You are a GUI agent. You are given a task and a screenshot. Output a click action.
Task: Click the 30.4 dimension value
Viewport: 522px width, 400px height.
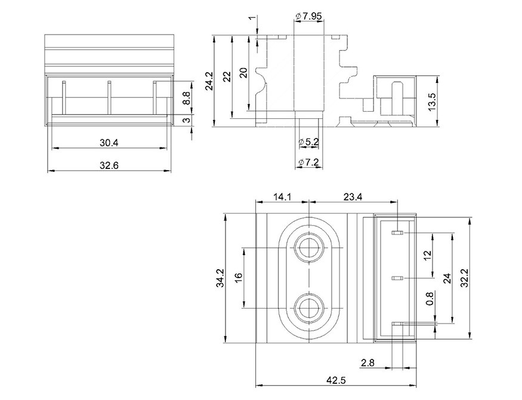pyautogui.click(x=109, y=143)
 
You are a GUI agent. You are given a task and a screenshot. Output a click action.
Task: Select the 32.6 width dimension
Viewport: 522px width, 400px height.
pyautogui.click(x=109, y=165)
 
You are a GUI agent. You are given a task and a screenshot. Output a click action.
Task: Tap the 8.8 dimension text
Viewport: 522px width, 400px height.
pyautogui.click(x=187, y=99)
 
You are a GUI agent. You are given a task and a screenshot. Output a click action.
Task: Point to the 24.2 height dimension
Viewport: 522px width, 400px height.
pyautogui.click(x=209, y=81)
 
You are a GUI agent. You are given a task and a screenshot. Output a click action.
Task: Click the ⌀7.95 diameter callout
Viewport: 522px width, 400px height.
pyautogui.click(x=308, y=16)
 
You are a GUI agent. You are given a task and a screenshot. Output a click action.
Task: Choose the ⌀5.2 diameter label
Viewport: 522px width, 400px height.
pyautogui.click(x=309, y=142)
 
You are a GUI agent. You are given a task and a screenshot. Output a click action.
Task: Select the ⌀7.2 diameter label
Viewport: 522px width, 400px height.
pyautogui.click(x=309, y=162)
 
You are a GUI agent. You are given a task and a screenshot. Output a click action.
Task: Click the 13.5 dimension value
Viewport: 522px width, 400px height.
pyautogui.click(x=431, y=101)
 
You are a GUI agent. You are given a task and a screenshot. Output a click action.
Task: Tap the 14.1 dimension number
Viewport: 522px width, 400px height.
pyautogui.click(x=282, y=197)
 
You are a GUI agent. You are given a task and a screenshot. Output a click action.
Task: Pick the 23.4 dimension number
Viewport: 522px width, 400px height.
pyautogui.click(x=353, y=197)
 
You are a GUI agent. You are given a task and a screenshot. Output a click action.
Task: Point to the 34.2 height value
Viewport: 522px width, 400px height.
pyautogui.click(x=220, y=278)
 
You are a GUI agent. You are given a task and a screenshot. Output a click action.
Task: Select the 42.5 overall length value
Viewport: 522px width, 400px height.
pyautogui.click(x=335, y=380)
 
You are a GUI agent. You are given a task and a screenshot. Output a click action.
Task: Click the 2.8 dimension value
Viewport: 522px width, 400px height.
pyautogui.click(x=367, y=362)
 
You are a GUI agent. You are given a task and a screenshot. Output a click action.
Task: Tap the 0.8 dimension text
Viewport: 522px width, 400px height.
pyautogui.click(x=430, y=299)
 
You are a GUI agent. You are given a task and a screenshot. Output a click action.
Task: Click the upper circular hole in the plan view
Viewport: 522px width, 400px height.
pyautogui.click(x=309, y=248)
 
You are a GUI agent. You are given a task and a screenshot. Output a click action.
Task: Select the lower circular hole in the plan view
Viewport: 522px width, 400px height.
pyautogui.click(x=309, y=308)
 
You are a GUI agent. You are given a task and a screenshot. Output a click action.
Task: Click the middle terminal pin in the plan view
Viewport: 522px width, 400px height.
pyautogui.click(x=397, y=278)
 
